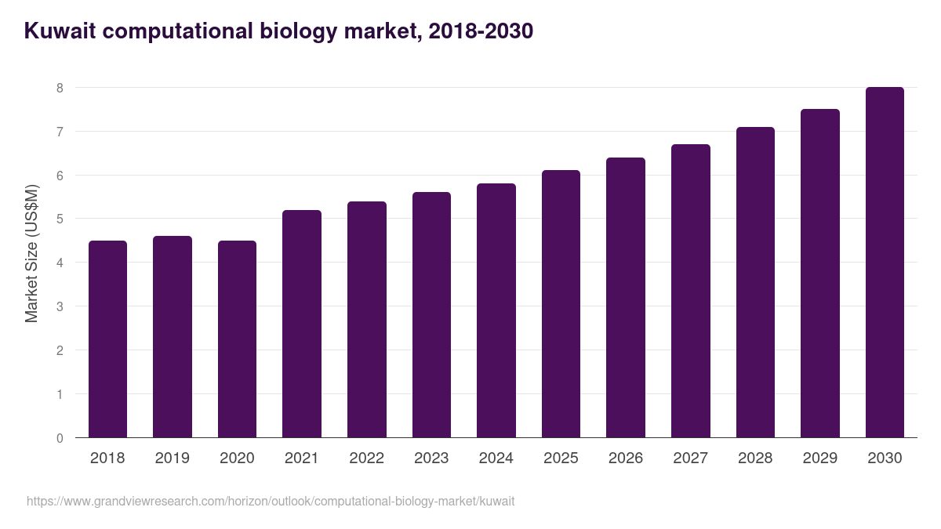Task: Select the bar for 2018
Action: [x=107, y=339]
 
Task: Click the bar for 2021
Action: [x=302, y=324]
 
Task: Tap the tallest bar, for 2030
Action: [x=885, y=263]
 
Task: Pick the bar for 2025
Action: [x=561, y=304]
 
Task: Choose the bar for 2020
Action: [x=237, y=339]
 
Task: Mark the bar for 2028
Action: [x=755, y=282]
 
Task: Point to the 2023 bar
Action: [x=431, y=315]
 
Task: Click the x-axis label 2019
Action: [x=173, y=458]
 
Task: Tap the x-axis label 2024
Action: [x=496, y=458]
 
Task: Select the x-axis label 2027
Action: [x=690, y=458]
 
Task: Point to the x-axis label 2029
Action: [x=819, y=458]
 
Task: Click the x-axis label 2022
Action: [x=366, y=458]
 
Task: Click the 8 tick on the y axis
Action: [x=60, y=88]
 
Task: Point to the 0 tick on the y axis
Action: [x=60, y=438]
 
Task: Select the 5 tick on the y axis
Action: [x=60, y=219]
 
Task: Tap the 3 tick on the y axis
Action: [x=60, y=306]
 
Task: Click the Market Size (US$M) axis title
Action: [x=31, y=253]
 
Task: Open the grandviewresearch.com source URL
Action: [x=271, y=501]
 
